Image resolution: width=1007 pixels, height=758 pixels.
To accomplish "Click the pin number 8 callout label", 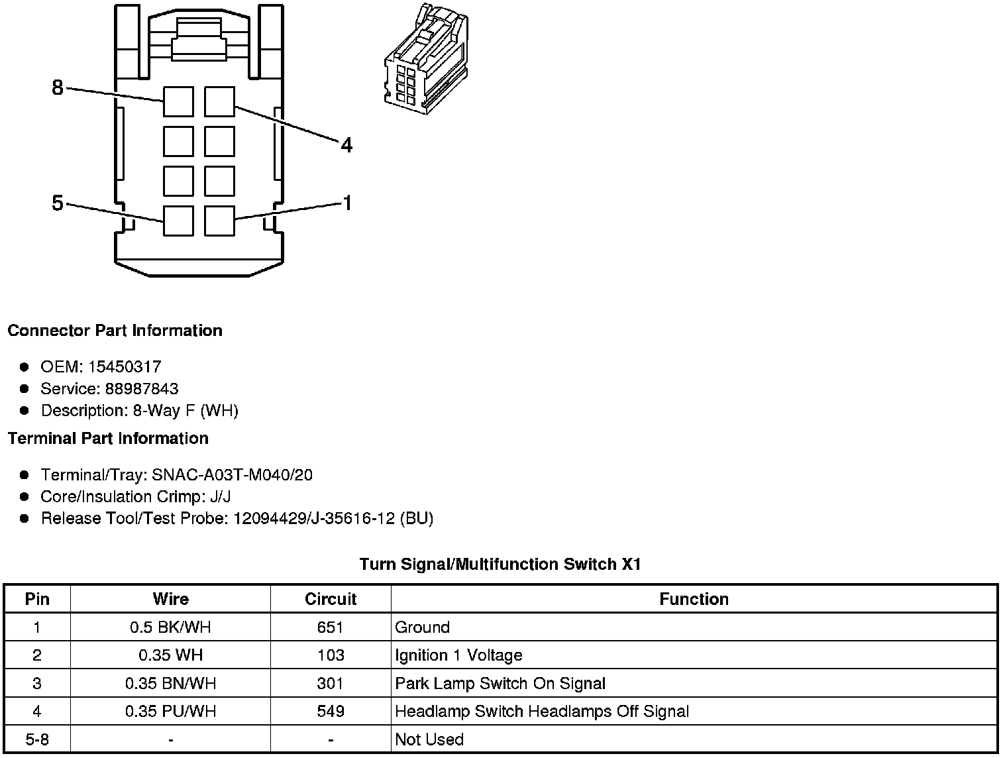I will [58, 87].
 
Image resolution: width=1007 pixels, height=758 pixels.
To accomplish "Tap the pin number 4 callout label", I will [346, 144].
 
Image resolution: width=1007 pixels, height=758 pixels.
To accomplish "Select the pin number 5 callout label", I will [58, 203].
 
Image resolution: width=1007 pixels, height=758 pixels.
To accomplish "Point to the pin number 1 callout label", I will [346, 203].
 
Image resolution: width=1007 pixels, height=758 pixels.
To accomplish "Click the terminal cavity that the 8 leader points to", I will [178, 101].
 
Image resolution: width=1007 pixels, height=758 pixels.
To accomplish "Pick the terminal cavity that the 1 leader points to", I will [219, 221].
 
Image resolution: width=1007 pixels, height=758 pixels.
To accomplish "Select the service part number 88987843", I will [142, 388].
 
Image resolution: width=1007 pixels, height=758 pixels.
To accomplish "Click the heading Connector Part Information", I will [115, 331].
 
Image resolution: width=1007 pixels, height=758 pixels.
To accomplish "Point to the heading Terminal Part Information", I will [108, 438].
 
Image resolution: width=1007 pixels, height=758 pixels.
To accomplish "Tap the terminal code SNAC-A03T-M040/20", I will [232, 474].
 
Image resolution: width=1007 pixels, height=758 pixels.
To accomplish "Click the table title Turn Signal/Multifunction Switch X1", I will [500, 564].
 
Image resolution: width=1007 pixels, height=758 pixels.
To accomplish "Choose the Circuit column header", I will [331, 599].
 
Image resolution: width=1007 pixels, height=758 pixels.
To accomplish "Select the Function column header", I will [694, 599].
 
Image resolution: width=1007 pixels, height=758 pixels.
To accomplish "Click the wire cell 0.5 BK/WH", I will [170, 627].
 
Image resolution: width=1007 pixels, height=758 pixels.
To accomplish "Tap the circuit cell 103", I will [331, 655].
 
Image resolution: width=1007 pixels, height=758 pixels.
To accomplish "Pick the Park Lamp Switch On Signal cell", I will [500, 683].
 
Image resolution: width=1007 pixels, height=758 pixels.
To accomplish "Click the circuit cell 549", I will [331, 711].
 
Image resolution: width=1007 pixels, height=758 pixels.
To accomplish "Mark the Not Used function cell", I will [429, 739].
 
